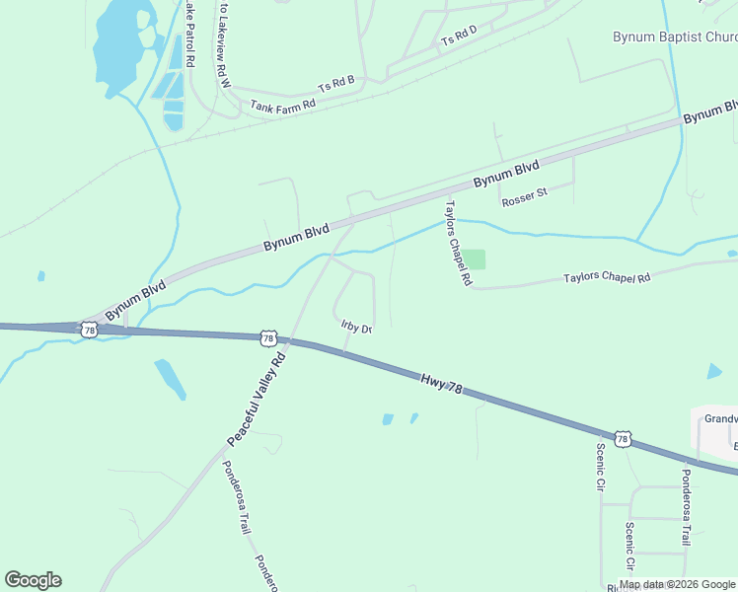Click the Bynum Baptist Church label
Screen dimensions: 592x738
coord(675,37)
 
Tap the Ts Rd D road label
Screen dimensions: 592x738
coord(459,36)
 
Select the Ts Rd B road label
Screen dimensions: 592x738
coord(335,84)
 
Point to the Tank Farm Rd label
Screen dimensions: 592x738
coord(282,104)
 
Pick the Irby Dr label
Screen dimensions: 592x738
coord(355,328)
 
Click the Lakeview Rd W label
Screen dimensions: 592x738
coord(225,45)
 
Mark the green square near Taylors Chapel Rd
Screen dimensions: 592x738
coord(476,259)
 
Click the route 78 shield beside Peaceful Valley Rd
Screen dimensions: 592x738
coord(268,338)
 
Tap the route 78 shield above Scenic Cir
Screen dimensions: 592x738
coord(622,437)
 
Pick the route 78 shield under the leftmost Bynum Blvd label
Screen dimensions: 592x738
coord(90,331)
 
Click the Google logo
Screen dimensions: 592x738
coord(33,580)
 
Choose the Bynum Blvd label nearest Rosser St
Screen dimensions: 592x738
coord(506,174)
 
